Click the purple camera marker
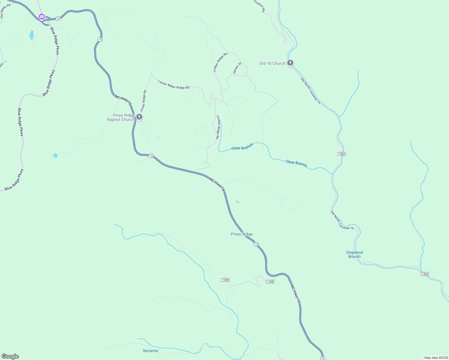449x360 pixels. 42,16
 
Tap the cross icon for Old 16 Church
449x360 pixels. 290,63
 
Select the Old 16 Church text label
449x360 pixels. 272,63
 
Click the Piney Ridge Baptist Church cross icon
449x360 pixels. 139,117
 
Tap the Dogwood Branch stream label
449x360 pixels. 354,254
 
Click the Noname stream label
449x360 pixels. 150,351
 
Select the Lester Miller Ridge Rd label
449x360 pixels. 174,85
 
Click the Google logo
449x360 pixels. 10,356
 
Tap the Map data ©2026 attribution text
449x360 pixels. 436,358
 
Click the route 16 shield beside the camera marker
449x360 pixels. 58,19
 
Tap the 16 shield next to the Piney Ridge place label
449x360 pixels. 256,244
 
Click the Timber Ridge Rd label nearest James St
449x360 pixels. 220,62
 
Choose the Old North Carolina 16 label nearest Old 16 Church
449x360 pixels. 311,91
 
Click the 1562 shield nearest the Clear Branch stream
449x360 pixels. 342,154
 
